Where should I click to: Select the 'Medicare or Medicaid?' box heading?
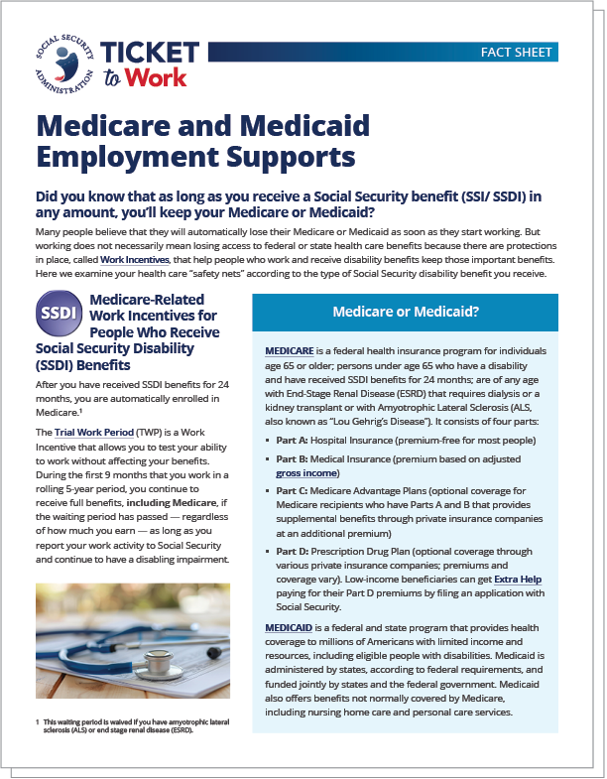tap(406, 312)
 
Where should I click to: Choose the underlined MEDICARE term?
tap(294, 351)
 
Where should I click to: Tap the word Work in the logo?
tap(160, 81)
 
